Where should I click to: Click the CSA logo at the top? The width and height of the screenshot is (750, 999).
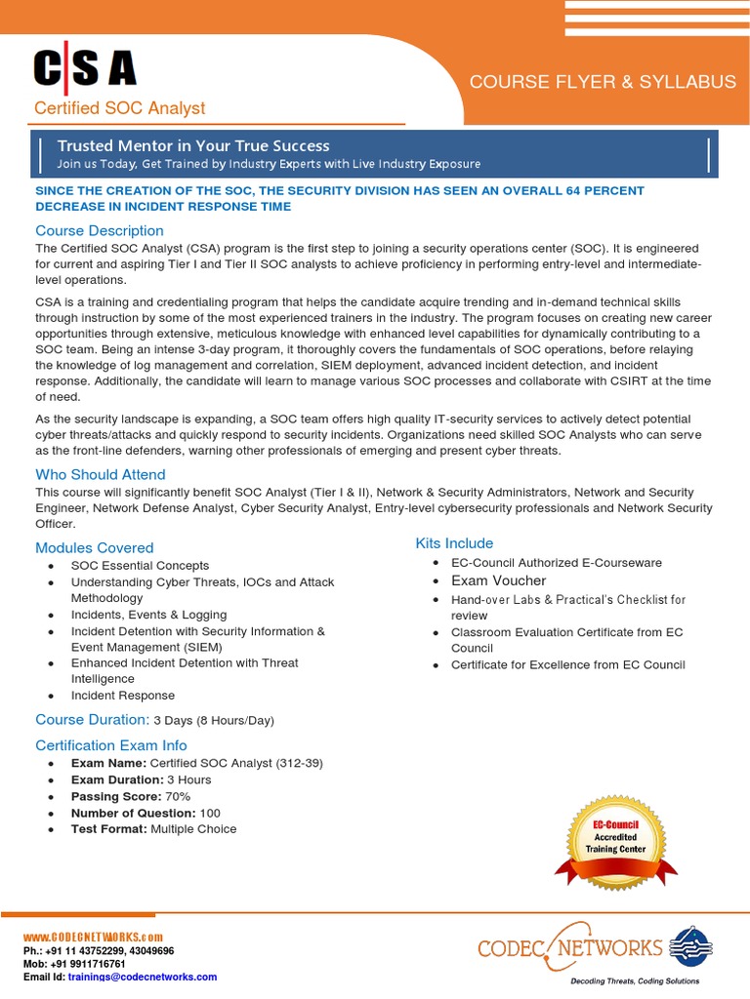click(85, 68)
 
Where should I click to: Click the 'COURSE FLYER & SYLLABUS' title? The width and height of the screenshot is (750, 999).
click(603, 82)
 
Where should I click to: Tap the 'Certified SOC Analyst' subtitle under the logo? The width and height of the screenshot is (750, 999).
click(120, 108)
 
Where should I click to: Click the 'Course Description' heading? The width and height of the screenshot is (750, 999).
click(100, 231)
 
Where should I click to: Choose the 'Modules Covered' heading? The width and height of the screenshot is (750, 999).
click(95, 548)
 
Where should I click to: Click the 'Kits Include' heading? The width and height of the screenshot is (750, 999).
click(454, 543)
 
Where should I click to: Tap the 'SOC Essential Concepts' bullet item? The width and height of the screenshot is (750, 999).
click(140, 566)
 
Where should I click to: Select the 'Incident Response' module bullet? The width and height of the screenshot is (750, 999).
click(123, 696)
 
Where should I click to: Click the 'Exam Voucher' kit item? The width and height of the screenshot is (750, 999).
click(498, 580)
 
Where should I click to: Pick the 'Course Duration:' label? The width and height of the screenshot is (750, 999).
click(92, 720)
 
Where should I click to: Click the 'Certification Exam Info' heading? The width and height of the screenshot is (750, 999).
click(111, 745)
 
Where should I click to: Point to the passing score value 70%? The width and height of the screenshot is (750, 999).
click(178, 796)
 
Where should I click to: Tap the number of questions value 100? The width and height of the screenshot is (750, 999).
click(210, 813)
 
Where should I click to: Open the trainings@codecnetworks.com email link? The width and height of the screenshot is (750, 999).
click(143, 977)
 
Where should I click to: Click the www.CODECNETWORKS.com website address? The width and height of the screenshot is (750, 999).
click(93, 938)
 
